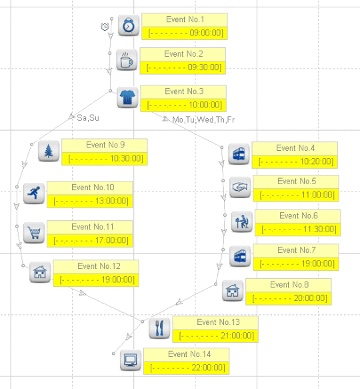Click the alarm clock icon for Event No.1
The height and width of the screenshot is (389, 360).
[129, 25]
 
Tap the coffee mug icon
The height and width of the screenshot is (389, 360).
[127, 60]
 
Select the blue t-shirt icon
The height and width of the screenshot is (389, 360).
[127, 97]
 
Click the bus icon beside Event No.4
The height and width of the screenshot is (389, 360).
[239, 154]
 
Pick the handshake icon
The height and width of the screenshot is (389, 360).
[240, 187]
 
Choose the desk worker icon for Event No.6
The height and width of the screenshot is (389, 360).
[242, 222]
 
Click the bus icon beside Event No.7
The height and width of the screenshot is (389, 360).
[240, 256]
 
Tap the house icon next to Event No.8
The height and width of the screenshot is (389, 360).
[233, 290]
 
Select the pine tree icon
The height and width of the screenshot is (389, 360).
[49, 151]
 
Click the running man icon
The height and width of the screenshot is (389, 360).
[34, 193]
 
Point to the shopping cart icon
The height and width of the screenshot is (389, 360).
[34, 233]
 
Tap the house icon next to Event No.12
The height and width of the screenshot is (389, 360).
[40, 272]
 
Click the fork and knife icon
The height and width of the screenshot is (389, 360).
[159, 328]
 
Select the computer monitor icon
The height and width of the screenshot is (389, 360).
[131, 360]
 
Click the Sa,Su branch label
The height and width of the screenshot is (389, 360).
[88, 118]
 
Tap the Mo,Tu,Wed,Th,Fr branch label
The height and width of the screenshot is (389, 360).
[203, 120]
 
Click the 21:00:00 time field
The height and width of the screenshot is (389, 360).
[215, 336]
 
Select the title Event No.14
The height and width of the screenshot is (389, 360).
[189, 354]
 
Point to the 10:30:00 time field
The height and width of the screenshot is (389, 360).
[105, 159]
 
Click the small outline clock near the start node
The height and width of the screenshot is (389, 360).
[105, 27]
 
